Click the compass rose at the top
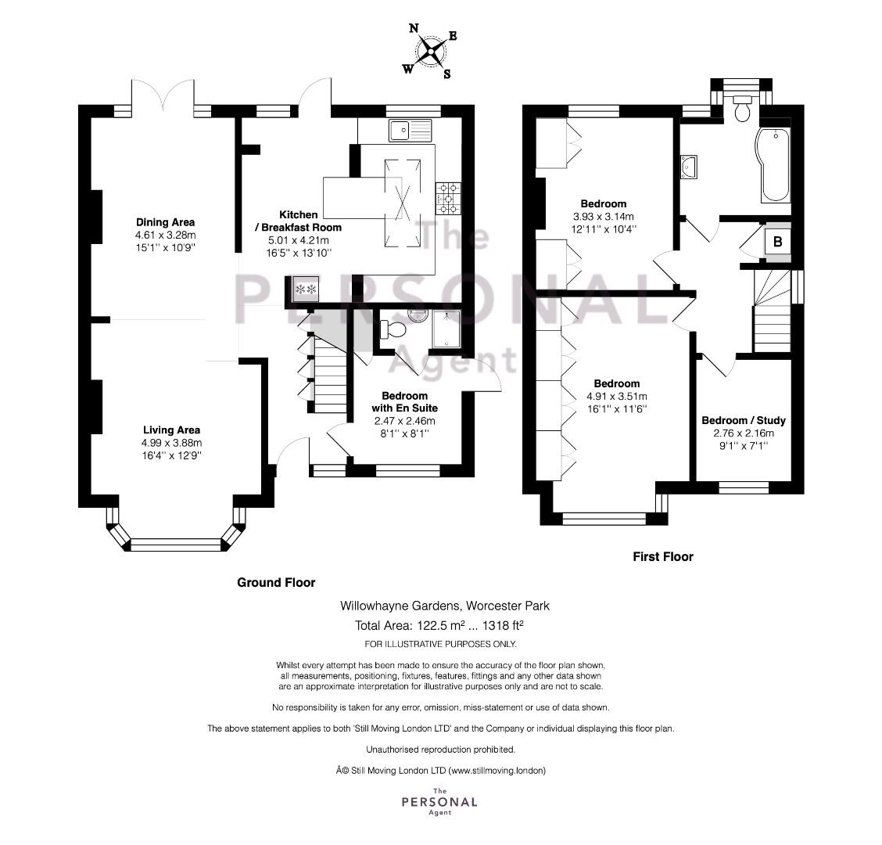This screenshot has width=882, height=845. (x=431, y=51)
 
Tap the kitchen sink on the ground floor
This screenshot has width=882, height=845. (x=410, y=130)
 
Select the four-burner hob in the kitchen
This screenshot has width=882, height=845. (x=448, y=199)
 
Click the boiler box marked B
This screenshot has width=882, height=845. (x=777, y=242)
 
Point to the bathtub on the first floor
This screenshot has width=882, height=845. (x=775, y=165)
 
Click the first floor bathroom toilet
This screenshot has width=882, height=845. (x=743, y=108)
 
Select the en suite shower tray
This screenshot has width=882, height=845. (x=446, y=329)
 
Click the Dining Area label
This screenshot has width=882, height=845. (x=166, y=221)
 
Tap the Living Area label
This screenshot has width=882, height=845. (x=171, y=430)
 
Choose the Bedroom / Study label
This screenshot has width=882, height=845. (x=744, y=420)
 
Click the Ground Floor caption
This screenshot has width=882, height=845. (x=276, y=583)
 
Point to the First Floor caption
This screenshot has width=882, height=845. (x=663, y=557)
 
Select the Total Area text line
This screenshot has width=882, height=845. (x=439, y=625)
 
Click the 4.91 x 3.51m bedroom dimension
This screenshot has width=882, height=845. (x=616, y=397)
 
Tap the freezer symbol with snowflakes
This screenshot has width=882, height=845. (x=306, y=289)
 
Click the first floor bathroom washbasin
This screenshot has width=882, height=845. (x=689, y=167)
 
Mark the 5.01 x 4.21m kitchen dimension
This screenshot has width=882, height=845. (x=299, y=240)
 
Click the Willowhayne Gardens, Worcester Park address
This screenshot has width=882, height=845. (x=445, y=606)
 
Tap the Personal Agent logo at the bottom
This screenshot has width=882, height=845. (x=439, y=802)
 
